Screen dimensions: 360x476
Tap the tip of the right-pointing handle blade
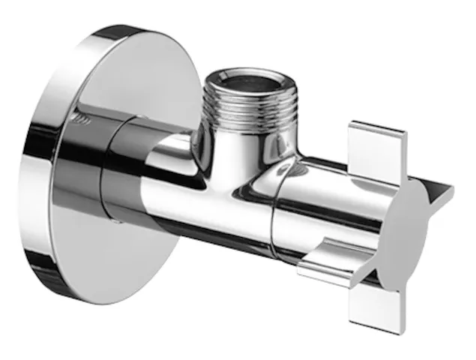(x=449, y=193)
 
